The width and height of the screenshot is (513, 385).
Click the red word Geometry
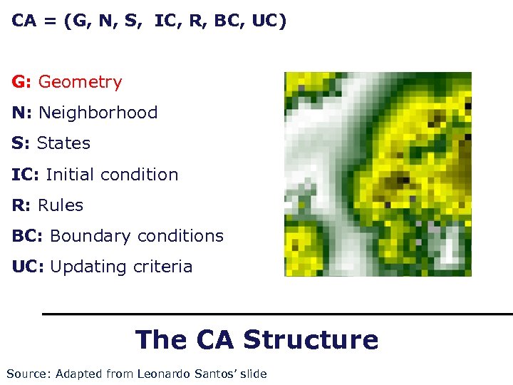(x=80, y=82)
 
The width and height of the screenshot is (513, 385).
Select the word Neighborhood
(x=98, y=113)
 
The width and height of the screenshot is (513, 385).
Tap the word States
(x=63, y=143)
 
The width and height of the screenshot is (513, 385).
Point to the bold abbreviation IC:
(x=26, y=175)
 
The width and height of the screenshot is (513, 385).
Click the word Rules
(x=61, y=205)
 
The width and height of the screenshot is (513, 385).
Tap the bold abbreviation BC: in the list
(x=28, y=236)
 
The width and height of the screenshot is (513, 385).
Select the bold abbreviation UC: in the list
(x=28, y=267)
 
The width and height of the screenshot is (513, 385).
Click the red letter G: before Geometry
(x=21, y=82)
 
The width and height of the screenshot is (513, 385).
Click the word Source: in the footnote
(x=28, y=374)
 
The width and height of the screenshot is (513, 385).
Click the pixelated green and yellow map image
(x=378, y=174)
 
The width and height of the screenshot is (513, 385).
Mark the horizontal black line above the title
(x=277, y=314)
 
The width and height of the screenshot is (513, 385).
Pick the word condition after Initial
(x=142, y=175)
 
